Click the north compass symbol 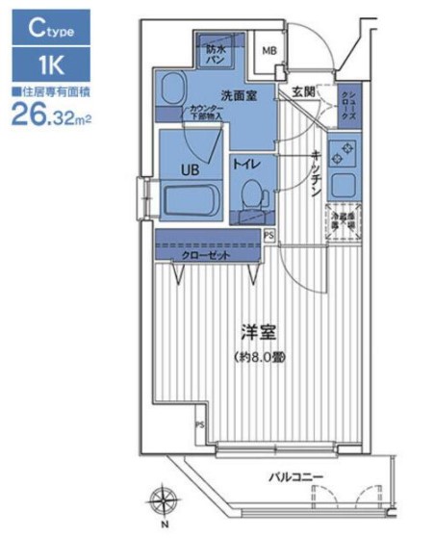pos(162,501)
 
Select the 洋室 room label pos(257,335)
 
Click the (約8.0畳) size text pos(257,355)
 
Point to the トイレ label pos(245,165)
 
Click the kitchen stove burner pos(342,151)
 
